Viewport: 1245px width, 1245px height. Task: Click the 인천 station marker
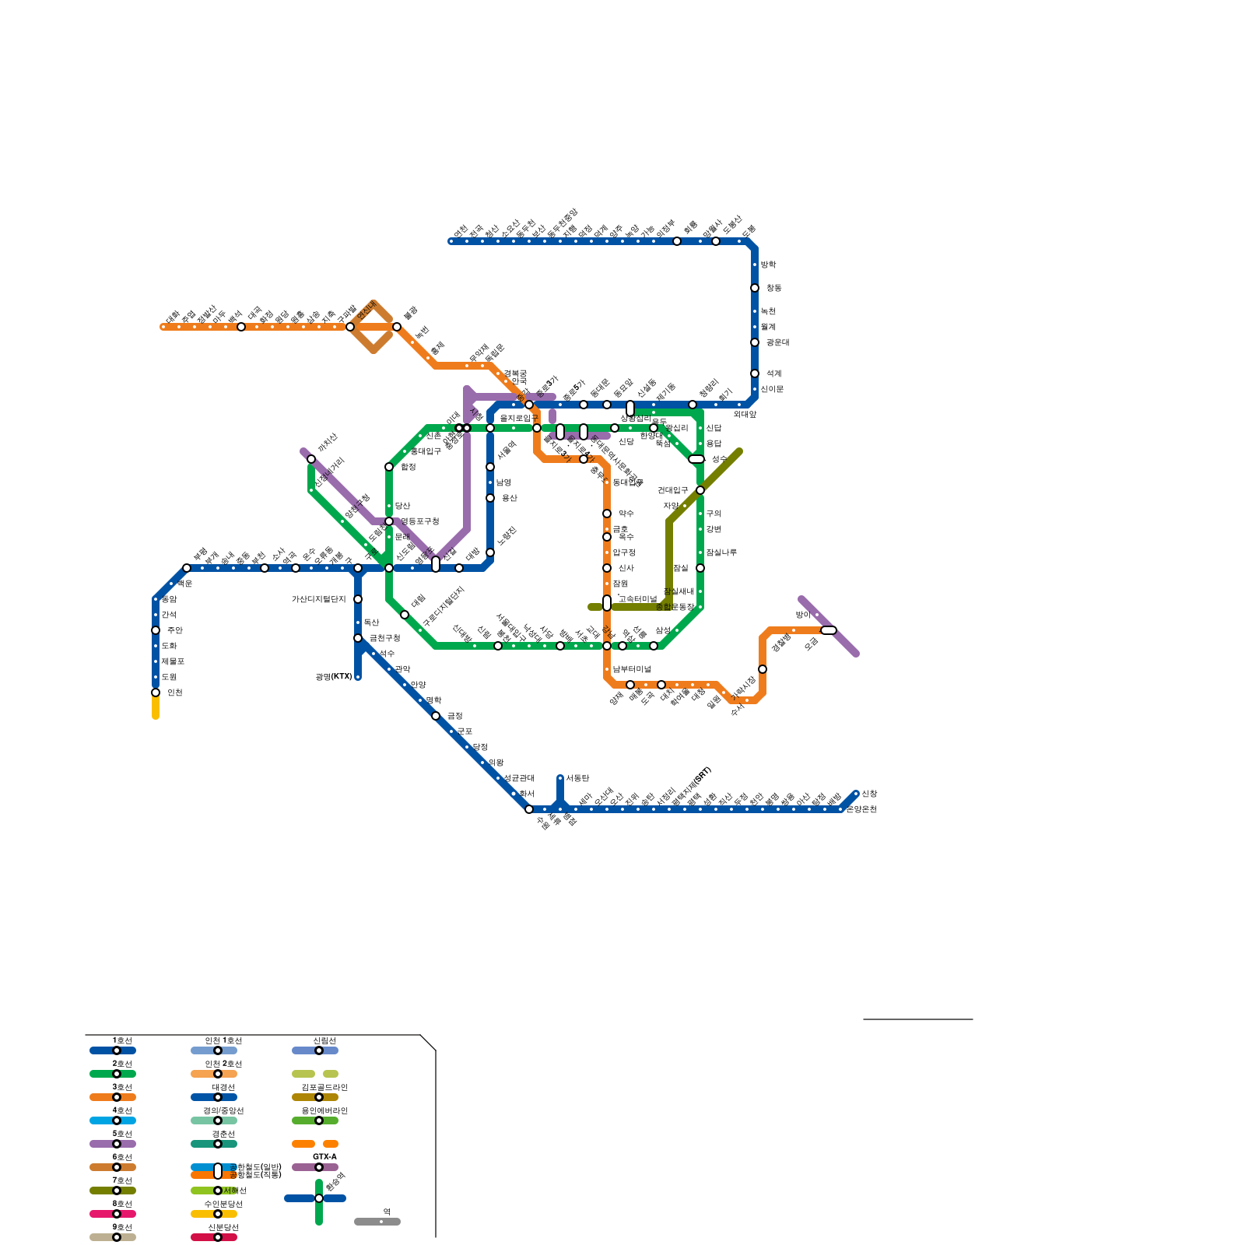[156, 693]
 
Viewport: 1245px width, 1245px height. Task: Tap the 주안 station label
[174, 630]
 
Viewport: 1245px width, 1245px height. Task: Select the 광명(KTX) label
[334, 677]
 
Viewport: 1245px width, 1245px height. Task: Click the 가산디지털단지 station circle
[358, 599]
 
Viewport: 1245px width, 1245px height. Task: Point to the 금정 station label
[454, 716]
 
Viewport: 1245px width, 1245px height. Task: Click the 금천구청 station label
[384, 638]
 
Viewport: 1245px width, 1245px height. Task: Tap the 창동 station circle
[755, 288]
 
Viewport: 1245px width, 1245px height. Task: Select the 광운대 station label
[777, 342]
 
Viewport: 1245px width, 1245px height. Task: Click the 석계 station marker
[755, 373]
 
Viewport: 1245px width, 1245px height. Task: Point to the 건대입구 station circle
[700, 490]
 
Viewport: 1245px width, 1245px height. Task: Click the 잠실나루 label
[721, 552]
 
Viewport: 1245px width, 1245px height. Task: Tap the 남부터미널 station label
[631, 669]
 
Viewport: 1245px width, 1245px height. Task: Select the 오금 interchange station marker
[829, 630]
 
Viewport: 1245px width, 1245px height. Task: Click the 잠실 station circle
[700, 568]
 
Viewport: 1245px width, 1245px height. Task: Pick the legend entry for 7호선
[113, 1191]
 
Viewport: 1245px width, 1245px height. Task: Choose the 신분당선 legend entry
[214, 1237]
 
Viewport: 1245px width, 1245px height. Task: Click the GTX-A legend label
[324, 1157]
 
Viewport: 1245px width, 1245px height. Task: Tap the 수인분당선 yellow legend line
[214, 1214]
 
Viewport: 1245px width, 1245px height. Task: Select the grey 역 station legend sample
[377, 1222]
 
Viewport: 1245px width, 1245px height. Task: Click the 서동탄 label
[577, 778]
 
